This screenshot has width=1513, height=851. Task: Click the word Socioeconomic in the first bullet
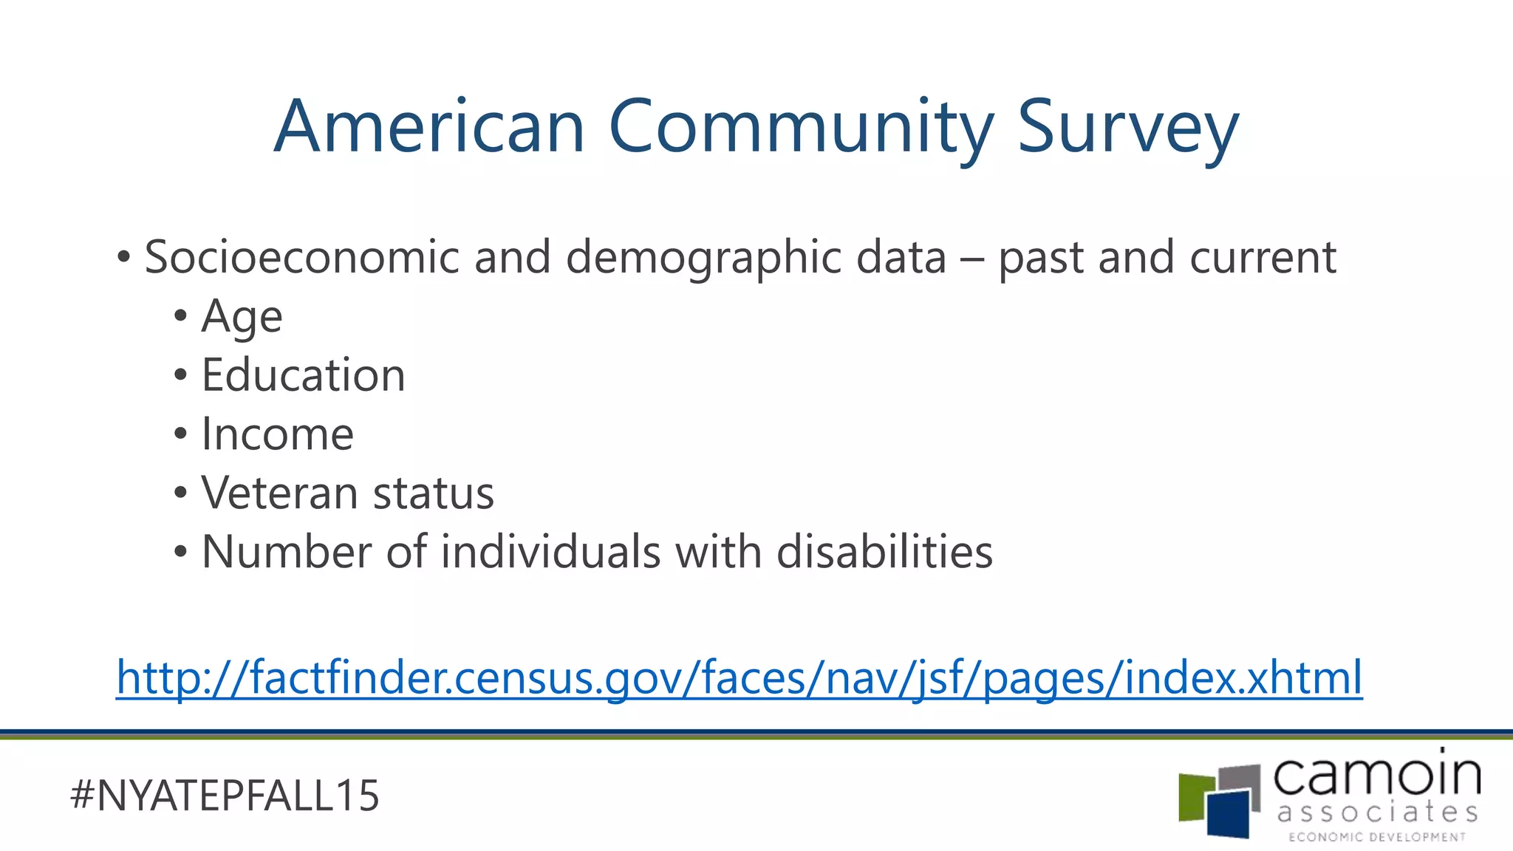coord(301,257)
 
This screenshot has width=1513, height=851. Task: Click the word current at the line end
coord(1263,257)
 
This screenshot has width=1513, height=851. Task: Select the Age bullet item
coord(242,318)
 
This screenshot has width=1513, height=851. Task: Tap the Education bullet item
coord(303,375)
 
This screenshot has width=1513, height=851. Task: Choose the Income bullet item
coord(277,434)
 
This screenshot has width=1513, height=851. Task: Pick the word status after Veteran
coord(434,493)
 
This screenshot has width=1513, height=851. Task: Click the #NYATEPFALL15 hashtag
coord(225,796)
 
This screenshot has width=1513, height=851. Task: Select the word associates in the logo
coord(1377,813)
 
